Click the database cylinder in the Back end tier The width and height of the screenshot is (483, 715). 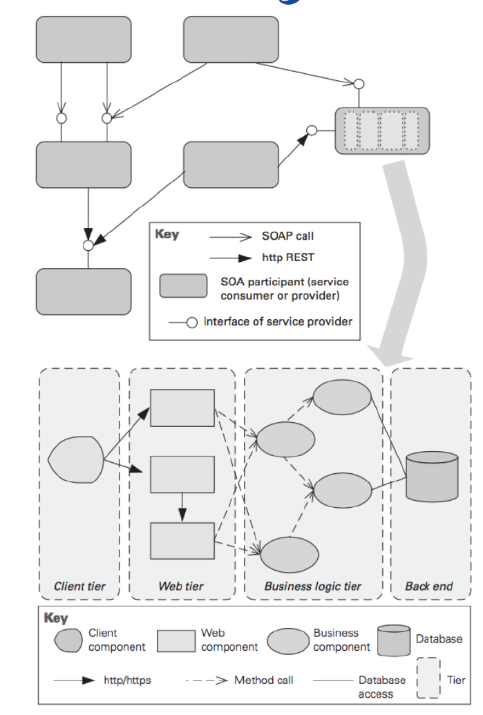(x=433, y=476)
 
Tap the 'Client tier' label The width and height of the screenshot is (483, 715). (x=79, y=587)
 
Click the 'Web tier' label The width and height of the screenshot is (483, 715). (x=181, y=587)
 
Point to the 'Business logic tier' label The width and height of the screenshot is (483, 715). (x=312, y=587)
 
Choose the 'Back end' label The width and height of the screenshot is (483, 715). (x=428, y=587)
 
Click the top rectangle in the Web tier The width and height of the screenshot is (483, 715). (x=182, y=408)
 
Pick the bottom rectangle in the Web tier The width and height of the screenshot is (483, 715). (x=182, y=540)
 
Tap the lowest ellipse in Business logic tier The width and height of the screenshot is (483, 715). (x=290, y=554)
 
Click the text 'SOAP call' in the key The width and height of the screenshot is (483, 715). (x=287, y=236)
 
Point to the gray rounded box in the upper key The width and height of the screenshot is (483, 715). (x=183, y=286)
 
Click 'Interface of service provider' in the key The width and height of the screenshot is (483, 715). (x=277, y=322)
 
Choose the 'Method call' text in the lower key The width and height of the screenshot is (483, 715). (x=263, y=680)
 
